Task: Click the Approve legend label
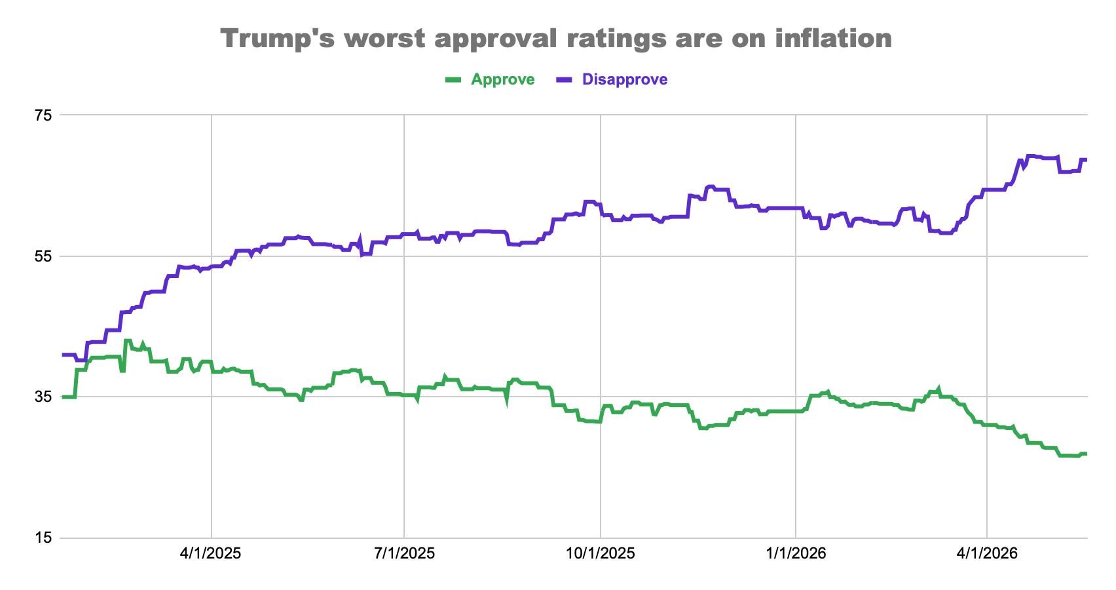pyautogui.click(x=503, y=79)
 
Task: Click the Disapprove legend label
pyautogui.click(x=625, y=79)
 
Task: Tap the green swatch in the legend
pyautogui.click(x=453, y=79)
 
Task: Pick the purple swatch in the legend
pyautogui.click(x=564, y=79)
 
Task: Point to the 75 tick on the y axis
pyautogui.click(x=43, y=115)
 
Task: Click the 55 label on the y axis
pyautogui.click(x=43, y=256)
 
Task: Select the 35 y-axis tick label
pyautogui.click(x=43, y=397)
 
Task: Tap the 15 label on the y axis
pyautogui.click(x=43, y=538)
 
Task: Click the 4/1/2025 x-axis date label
pyautogui.click(x=211, y=553)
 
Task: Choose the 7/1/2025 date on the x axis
pyautogui.click(x=404, y=553)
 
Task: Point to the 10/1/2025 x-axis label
pyautogui.click(x=601, y=553)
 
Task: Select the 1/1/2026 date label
pyautogui.click(x=796, y=553)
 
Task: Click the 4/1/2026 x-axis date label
pyautogui.click(x=987, y=553)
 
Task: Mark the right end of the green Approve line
pyautogui.click(x=1087, y=454)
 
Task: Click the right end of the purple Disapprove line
pyautogui.click(x=1087, y=159)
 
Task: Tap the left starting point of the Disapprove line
pyautogui.click(x=63, y=355)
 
